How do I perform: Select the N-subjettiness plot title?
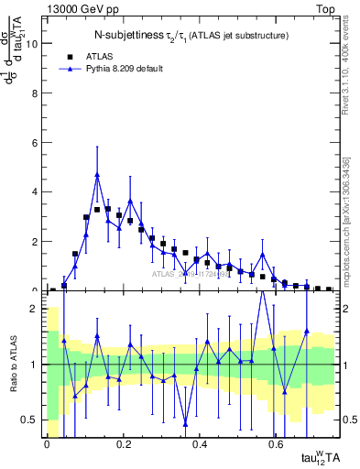191,36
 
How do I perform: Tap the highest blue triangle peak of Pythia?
97,175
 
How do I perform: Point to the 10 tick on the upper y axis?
35,43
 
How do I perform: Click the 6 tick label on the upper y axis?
35,143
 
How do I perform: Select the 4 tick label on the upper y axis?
35,192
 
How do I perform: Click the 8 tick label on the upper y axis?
35,93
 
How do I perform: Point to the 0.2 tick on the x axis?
123,443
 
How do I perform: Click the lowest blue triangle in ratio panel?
186,423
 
